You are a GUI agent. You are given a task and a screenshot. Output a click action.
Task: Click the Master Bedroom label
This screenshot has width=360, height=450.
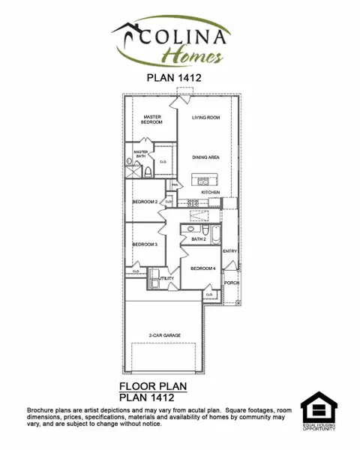coord(152,119)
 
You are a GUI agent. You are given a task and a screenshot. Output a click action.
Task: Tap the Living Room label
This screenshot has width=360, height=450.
coord(205,118)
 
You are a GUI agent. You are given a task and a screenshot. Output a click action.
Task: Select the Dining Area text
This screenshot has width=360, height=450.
coord(205,157)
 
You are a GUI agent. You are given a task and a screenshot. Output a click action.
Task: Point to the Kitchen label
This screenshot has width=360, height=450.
coord(210,193)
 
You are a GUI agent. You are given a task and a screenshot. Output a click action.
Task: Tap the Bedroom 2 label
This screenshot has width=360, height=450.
coord(145,202)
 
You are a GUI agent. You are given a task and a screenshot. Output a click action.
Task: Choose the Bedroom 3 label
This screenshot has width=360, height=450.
coord(145,244)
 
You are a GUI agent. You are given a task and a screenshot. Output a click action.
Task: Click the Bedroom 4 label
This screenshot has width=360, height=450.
coord(202,268)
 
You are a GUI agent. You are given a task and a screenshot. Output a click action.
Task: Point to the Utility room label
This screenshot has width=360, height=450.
coord(167,278)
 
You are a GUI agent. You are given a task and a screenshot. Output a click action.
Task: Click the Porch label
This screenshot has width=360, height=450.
coord(230,283)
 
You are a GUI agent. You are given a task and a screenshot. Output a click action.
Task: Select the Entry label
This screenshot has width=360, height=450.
coord(229,251)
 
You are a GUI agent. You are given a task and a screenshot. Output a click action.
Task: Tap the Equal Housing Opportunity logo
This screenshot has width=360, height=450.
coord(319,410)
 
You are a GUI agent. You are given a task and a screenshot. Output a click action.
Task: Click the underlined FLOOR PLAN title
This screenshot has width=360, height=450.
coord(152,386)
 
